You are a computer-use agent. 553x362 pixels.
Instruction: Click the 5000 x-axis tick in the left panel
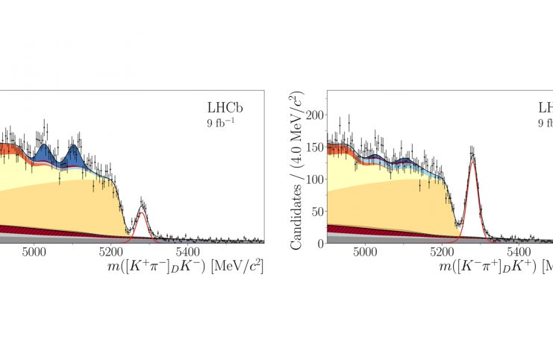point(34,253)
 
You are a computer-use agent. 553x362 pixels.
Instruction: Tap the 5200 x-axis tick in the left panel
point(110,253)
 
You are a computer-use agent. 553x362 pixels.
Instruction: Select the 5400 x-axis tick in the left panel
point(185,253)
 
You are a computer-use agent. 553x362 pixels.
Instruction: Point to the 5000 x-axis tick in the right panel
point(366,253)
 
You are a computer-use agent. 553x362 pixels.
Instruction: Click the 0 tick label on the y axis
point(319,243)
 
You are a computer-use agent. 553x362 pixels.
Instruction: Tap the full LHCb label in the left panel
point(225,108)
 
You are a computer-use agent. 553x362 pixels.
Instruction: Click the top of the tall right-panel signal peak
point(472,157)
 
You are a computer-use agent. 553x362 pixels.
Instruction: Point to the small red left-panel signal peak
point(141,216)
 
